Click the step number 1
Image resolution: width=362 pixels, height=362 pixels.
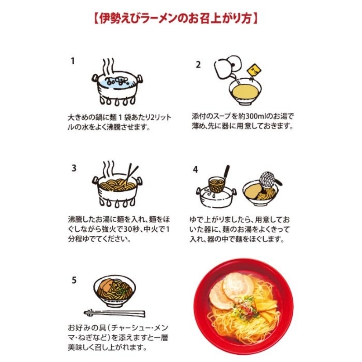pyautogui.click(x=73, y=61)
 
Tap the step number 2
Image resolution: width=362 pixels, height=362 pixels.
pyautogui.click(x=198, y=65)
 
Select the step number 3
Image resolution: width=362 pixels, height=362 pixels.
pyautogui.click(x=74, y=168)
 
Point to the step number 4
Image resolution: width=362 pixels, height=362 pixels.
pyautogui.click(x=195, y=170)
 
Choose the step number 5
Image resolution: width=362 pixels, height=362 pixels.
pyautogui.click(x=74, y=280)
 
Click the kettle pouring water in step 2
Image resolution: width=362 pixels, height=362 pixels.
pyautogui.click(x=227, y=67)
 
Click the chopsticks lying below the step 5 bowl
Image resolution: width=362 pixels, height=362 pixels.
pyautogui.click(x=114, y=313)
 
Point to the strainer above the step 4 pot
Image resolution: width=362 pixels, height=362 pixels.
pyautogui.click(x=219, y=181)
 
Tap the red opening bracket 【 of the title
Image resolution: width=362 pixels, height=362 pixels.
pyautogui.click(x=96, y=19)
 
